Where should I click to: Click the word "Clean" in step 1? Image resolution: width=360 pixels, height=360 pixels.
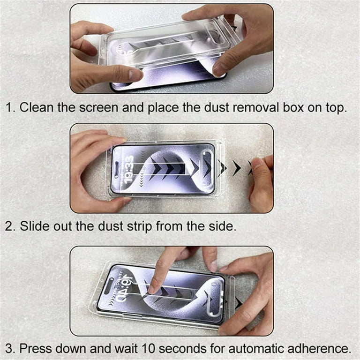coord(37,107)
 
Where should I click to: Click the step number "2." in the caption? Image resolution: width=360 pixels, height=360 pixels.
coord(10,226)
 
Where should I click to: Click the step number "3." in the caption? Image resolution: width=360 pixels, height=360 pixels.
coord(10,348)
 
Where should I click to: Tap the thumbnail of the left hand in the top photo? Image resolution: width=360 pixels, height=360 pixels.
coord(135,74)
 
